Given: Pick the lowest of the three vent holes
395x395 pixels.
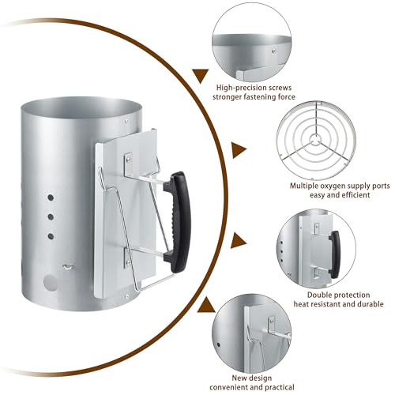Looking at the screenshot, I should click(51, 234).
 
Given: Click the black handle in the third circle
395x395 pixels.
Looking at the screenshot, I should click(335, 254).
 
